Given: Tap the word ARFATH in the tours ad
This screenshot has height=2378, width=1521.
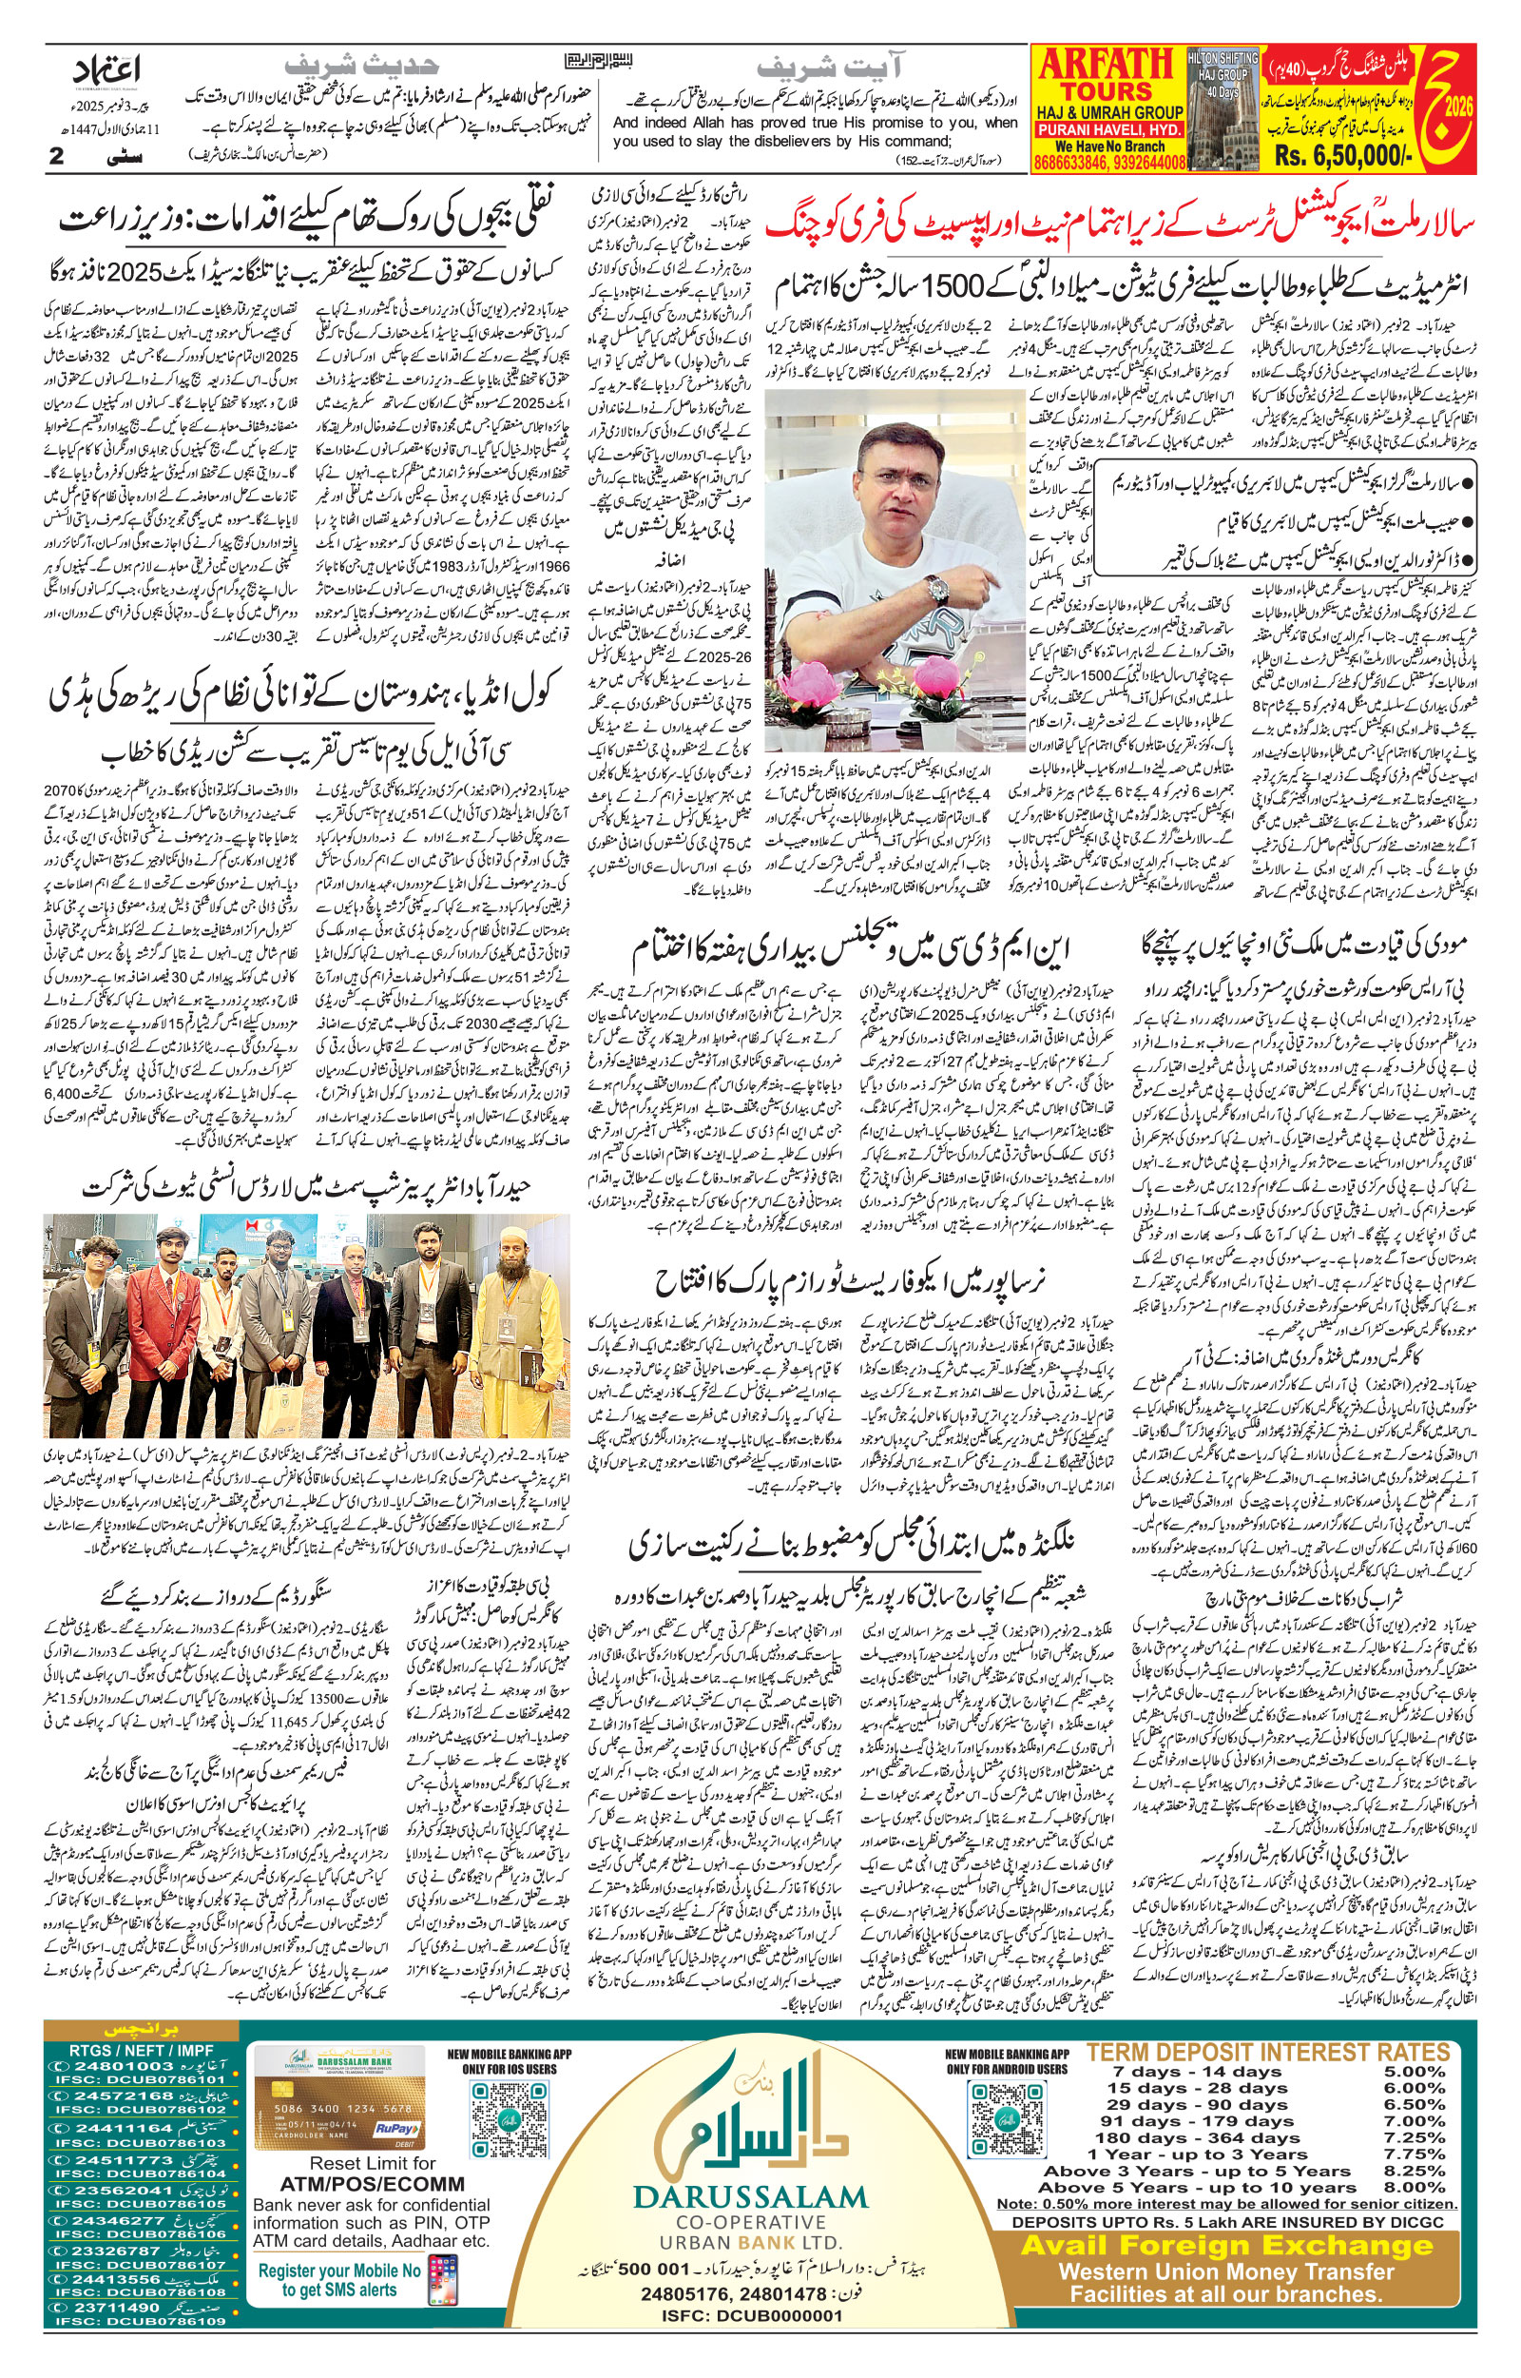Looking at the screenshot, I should tap(1106, 67).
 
